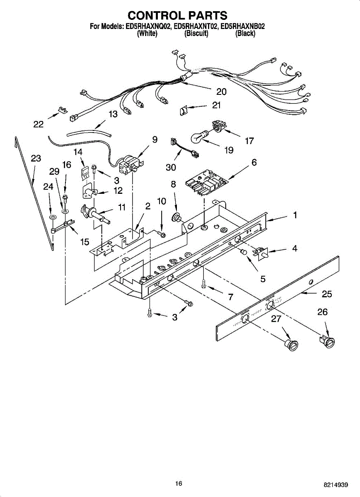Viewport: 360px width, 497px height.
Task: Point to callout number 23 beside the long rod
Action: pyautogui.click(x=36, y=158)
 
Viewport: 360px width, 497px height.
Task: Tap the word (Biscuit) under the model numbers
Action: pyautogui.click(x=196, y=34)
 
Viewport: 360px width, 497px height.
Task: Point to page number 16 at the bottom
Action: pyautogui.click(x=179, y=483)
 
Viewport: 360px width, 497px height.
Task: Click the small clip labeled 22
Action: pyautogui.click(x=63, y=111)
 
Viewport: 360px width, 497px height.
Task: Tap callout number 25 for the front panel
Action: pyautogui.click(x=327, y=294)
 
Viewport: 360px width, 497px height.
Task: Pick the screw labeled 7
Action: pyautogui.click(x=204, y=284)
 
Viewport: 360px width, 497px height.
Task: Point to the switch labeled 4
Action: pyautogui.click(x=261, y=252)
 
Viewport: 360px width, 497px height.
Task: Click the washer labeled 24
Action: pyautogui.click(x=52, y=217)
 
